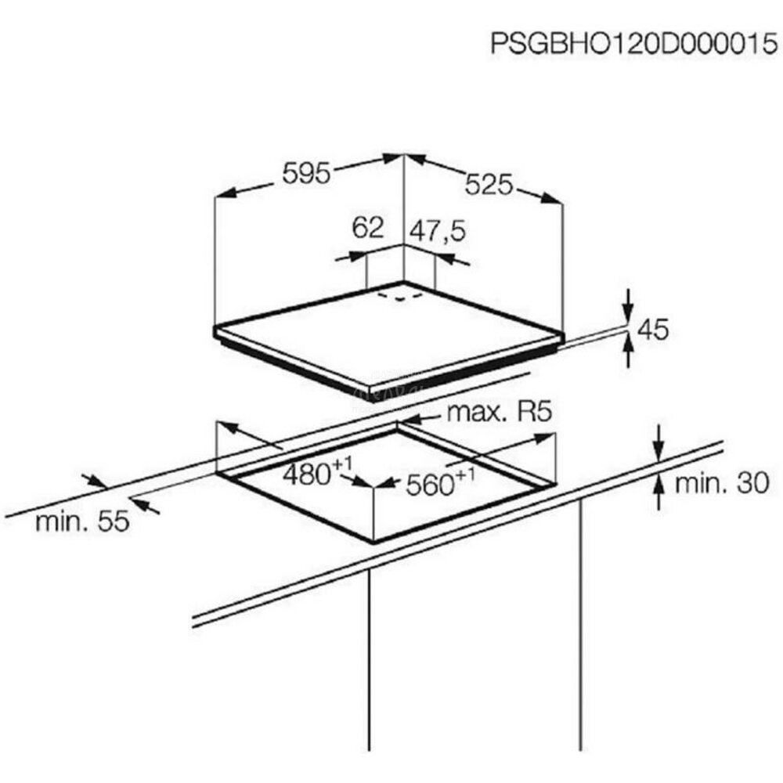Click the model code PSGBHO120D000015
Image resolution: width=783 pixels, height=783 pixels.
click(633, 43)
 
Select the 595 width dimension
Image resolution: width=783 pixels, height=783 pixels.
click(306, 173)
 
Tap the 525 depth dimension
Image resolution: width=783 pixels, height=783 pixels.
click(489, 184)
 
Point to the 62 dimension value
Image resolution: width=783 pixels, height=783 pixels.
click(367, 228)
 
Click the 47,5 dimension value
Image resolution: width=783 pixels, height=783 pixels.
click(438, 231)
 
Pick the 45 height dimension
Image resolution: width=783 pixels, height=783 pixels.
click(653, 330)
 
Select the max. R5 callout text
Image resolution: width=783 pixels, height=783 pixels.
click(500, 412)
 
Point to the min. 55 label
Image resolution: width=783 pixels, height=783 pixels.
click(82, 521)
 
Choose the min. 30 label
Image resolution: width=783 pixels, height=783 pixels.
click(722, 483)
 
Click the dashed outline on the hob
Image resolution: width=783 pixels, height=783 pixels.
click(400, 297)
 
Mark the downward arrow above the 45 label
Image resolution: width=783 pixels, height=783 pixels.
click(629, 305)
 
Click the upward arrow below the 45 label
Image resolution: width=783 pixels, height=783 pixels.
click(629, 351)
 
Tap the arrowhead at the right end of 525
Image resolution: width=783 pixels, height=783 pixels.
click(552, 198)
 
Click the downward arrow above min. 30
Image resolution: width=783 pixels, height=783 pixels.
click(659, 442)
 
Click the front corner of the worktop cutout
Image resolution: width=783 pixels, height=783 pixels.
click(373, 542)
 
